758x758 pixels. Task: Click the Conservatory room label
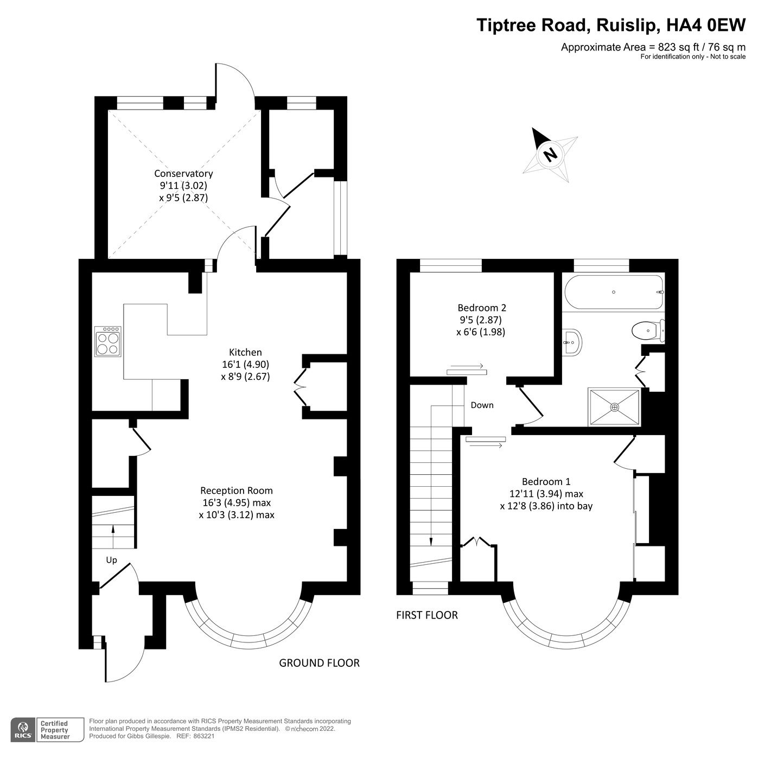[183, 174]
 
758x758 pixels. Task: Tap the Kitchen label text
[245, 352]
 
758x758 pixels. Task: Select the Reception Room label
[237, 491]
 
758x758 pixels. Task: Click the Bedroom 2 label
[482, 307]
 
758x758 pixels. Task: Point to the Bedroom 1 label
[546, 481]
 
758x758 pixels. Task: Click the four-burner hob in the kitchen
[107, 341]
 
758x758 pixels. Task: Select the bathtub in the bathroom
[614, 292]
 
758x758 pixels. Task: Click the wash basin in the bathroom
[571, 341]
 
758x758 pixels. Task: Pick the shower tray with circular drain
[614, 407]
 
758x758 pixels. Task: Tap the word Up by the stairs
[111, 560]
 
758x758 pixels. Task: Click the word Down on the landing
[482, 405]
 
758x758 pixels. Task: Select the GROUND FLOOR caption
[319, 663]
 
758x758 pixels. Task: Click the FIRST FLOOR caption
[427, 615]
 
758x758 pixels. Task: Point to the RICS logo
[23, 730]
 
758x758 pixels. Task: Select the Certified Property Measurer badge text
[55, 730]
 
